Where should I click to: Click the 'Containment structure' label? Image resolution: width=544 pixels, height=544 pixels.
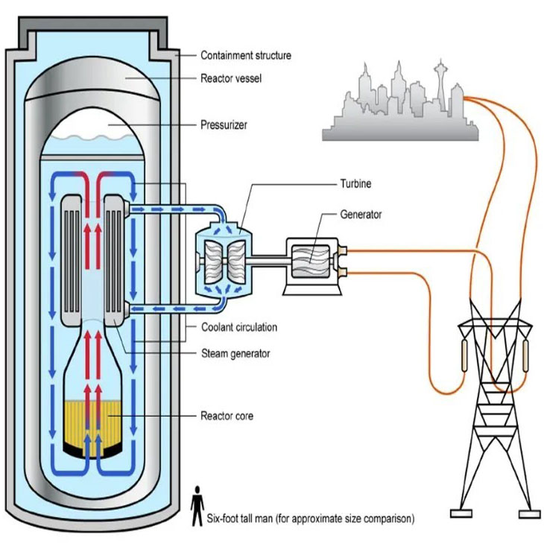246,55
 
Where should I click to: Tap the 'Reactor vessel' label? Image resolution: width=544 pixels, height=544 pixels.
231,78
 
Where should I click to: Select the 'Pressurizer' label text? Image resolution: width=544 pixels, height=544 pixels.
224,125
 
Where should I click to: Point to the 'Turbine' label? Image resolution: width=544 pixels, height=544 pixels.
355,183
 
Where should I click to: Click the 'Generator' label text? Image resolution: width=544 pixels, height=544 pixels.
361,215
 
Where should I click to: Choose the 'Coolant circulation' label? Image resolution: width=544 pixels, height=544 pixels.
239,327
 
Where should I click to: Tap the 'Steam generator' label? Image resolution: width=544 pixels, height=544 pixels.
235,353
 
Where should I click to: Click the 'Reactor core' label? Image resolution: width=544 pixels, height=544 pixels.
227,416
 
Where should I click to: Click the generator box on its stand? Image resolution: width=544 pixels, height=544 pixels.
312,266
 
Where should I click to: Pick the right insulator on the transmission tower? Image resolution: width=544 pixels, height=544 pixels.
525,355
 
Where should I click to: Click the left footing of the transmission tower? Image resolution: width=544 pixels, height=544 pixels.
461,513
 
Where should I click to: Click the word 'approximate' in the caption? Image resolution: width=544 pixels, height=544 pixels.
316,519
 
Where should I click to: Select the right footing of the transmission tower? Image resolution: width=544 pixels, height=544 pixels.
529,513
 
